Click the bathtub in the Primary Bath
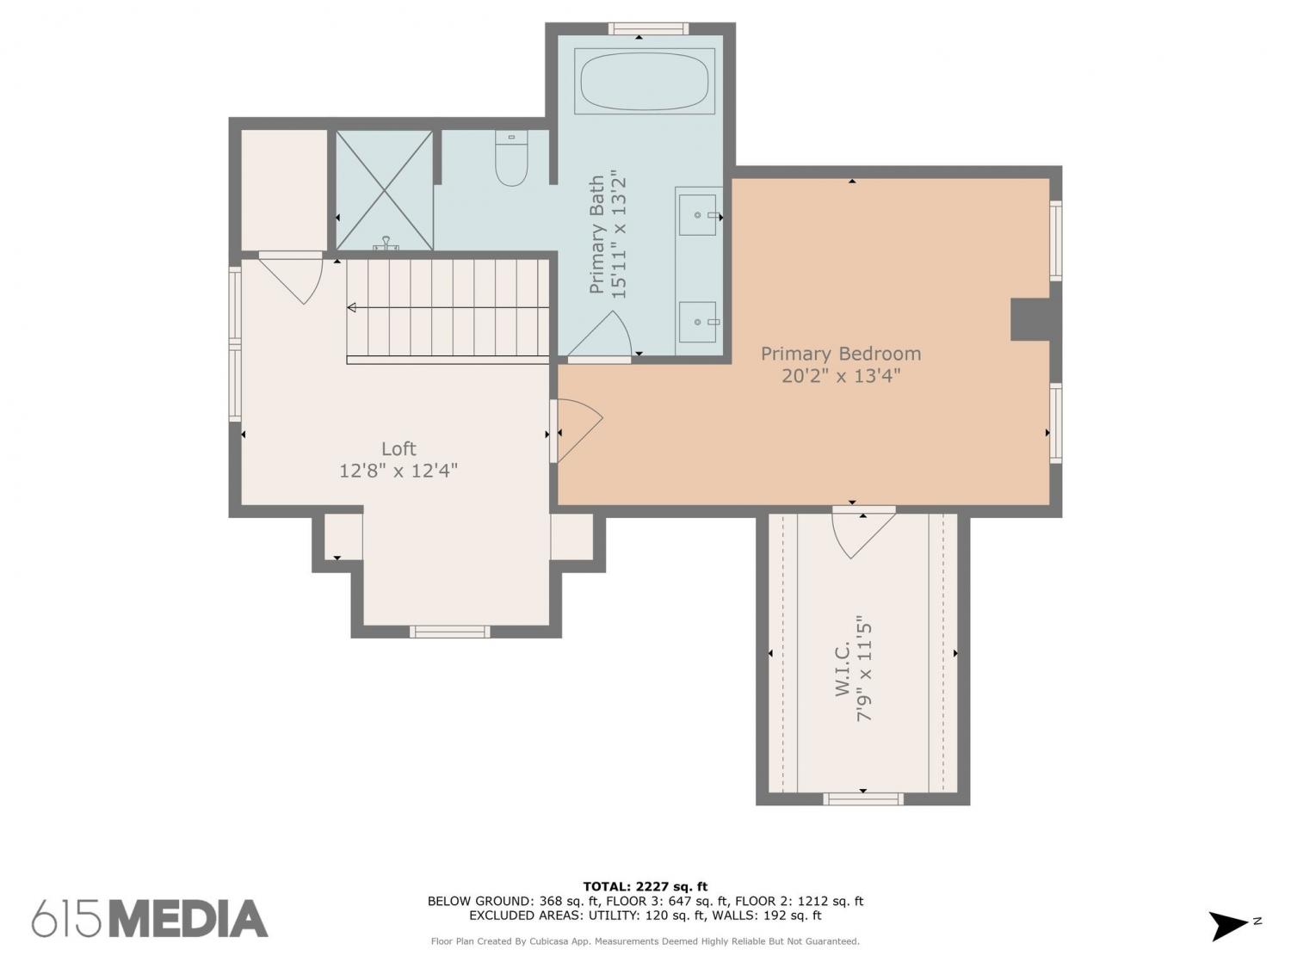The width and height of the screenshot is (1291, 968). [644, 81]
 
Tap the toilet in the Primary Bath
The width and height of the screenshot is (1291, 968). [511, 158]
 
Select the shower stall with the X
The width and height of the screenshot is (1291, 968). [384, 190]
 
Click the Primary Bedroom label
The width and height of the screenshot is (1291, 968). [841, 354]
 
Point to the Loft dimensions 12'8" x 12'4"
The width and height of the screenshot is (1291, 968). [398, 471]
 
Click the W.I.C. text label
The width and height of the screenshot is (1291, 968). [843, 669]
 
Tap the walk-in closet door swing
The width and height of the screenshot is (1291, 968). [863, 532]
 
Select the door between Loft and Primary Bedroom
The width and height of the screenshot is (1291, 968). [577, 429]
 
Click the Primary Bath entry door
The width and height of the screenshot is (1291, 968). [599, 335]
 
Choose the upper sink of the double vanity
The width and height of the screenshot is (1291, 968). [699, 214]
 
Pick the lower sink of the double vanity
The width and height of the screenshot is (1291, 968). [699, 322]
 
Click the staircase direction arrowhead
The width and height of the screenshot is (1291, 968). [352, 307]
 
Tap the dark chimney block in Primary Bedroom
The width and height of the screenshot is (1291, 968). [1030, 319]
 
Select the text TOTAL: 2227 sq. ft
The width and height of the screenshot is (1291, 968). [645, 886]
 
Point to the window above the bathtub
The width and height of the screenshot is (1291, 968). [647, 28]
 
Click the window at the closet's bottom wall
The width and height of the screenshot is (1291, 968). [863, 798]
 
